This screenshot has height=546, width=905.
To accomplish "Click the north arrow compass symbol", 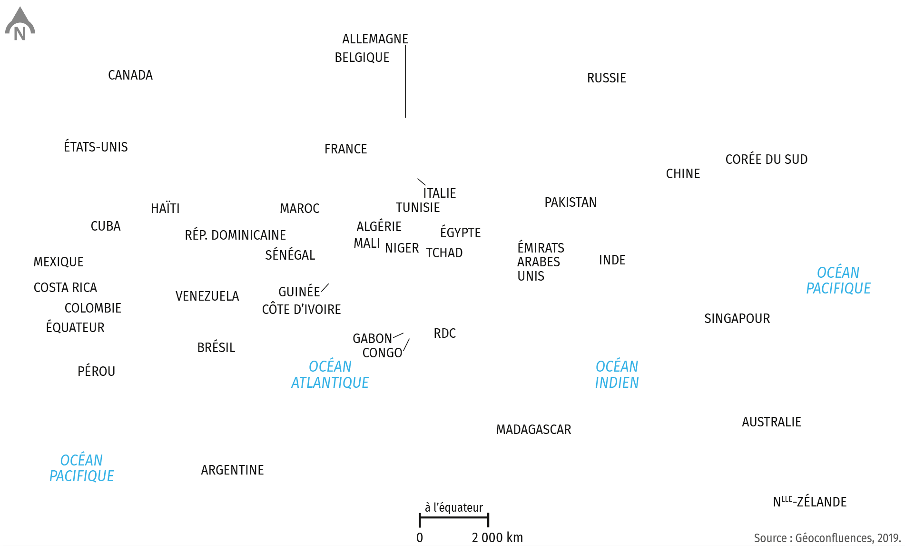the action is coord(20,24).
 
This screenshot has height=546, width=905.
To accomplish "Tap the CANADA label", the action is coord(130,75).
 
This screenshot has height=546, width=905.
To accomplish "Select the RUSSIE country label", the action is coord(607,78).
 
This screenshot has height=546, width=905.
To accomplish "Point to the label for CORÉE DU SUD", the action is coord(767,159).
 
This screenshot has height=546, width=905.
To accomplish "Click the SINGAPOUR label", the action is coord(737,318).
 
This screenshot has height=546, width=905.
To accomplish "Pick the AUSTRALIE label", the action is coord(772,422).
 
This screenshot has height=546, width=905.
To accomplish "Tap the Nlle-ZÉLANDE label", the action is coord(810,501).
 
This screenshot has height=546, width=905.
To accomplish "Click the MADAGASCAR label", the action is coord(534,430).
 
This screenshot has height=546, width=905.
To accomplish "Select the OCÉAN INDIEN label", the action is coord(617,374).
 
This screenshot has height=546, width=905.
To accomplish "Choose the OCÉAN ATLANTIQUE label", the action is coord(330,374).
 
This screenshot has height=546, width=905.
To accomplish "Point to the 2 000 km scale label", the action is coord(497,537).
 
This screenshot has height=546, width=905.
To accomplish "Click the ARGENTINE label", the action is coord(232,470).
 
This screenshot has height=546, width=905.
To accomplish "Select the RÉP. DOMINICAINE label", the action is coord(236,235).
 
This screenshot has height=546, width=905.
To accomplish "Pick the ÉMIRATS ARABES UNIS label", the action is coord(541,262).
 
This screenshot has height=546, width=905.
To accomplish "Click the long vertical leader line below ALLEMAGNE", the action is coord(405,81).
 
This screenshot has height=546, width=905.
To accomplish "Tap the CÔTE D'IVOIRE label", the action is coord(302,309).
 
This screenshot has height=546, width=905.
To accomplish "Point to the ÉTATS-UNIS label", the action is coord(96,147).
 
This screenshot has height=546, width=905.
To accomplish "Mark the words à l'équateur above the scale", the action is coord(454,507).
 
